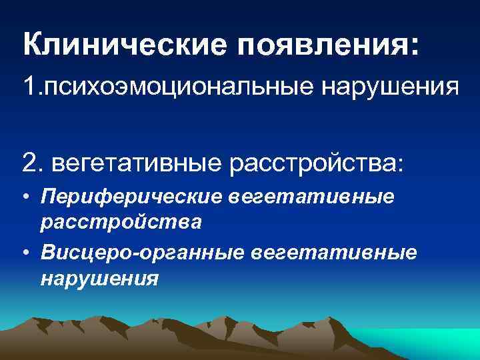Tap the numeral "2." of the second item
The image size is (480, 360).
(33, 162)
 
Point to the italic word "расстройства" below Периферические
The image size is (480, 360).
(120, 221)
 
